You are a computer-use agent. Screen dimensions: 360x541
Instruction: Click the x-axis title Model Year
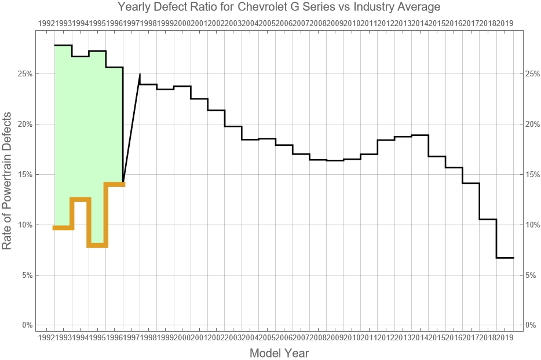coord(279,352)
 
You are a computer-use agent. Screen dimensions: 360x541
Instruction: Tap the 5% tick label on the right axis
coord(531,275)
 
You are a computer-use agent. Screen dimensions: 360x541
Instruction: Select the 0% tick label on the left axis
coord(26,325)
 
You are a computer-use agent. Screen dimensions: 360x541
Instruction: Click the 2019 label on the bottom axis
coord(505,337)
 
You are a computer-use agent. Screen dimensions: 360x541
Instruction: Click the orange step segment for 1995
coord(97,245)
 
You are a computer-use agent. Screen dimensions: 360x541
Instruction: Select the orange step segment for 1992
coord(63,228)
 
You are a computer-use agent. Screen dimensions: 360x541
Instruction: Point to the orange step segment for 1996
coord(115,184)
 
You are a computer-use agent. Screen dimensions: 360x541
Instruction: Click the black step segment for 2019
coord(505,258)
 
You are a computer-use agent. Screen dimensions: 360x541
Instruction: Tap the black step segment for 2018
coord(488,219)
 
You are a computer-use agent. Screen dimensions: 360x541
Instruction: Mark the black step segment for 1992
coord(63,45)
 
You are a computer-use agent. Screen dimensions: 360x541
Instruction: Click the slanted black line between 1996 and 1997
coord(131,128)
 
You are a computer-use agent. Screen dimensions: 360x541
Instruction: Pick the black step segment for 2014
coord(420,135)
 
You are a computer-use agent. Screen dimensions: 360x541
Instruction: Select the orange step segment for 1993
coord(80,199)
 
